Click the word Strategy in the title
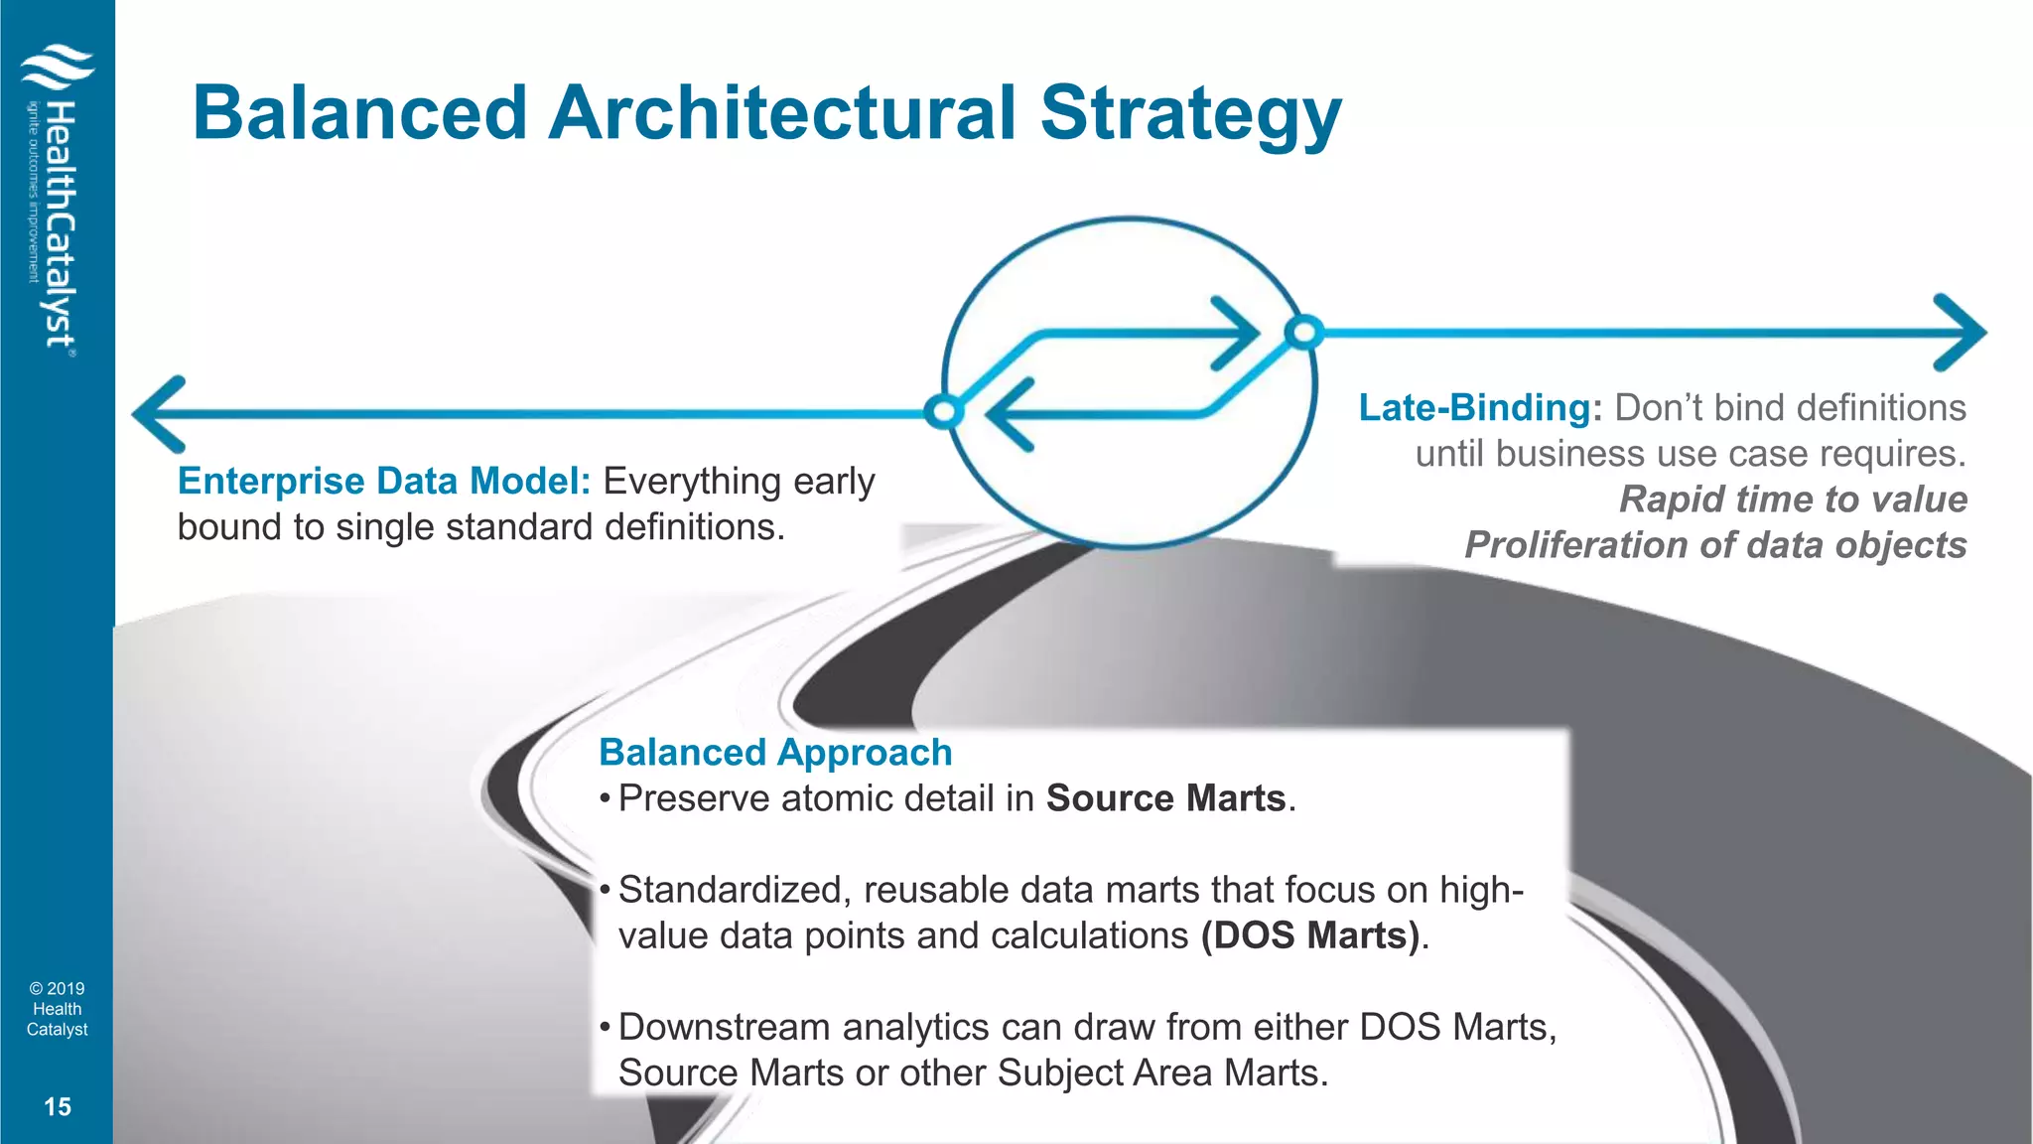click(x=1190, y=113)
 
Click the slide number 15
click(x=58, y=1107)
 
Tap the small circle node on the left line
click(x=943, y=411)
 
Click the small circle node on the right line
click(x=1304, y=332)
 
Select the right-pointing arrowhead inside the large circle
click(x=1236, y=334)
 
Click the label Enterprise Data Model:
click(x=384, y=482)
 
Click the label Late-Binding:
click(x=1480, y=408)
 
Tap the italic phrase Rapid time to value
click(x=1793, y=500)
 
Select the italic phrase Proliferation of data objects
click(x=1715, y=545)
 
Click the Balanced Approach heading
click(x=775, y=753)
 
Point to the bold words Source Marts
click(x=1166, y=798)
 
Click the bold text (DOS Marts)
click(x=1310, y=935)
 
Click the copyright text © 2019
click(x=58, y=989)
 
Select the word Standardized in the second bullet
click(x=730, y=890)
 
